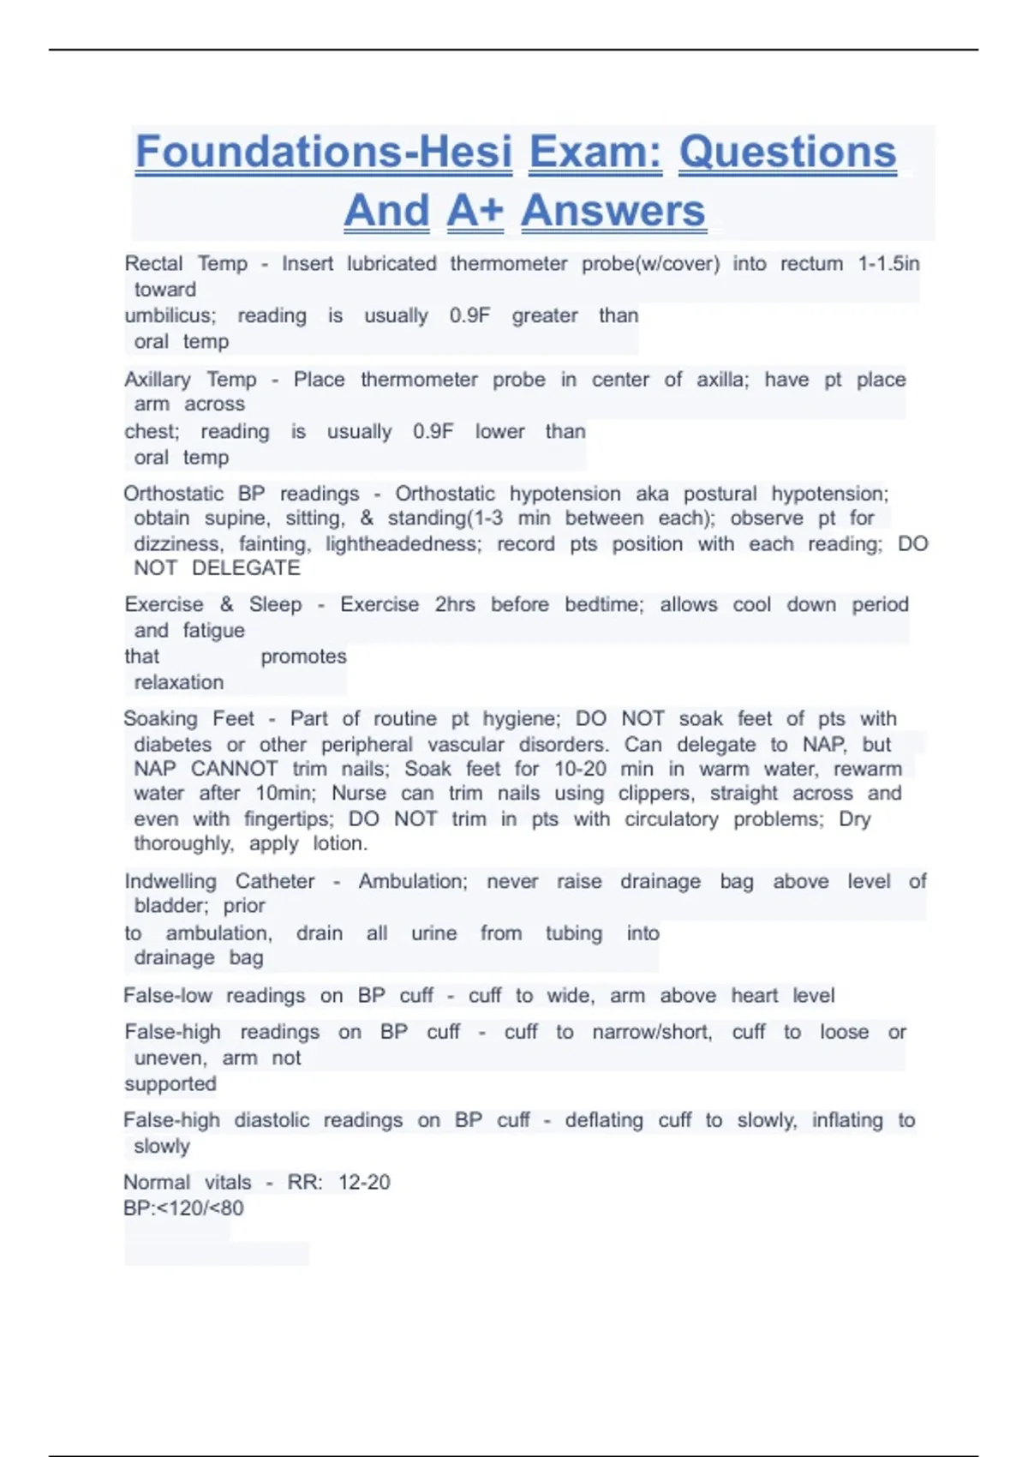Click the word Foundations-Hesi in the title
click(x=324, y=153)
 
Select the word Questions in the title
click(x=787, y=153)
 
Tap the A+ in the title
click(x=475, y=211)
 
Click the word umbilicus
click(x=170, y=315)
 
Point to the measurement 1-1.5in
click(x=888, y=264)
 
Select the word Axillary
click(x=158, y=380)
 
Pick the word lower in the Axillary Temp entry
click(x=499, y=431)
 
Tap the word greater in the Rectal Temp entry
click(x=545, y=315)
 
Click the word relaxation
click(x=178, y=682)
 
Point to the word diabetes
click(x=172, y=745)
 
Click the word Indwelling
click(x=170, y=881)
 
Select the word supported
click(x=170, y=1084)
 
